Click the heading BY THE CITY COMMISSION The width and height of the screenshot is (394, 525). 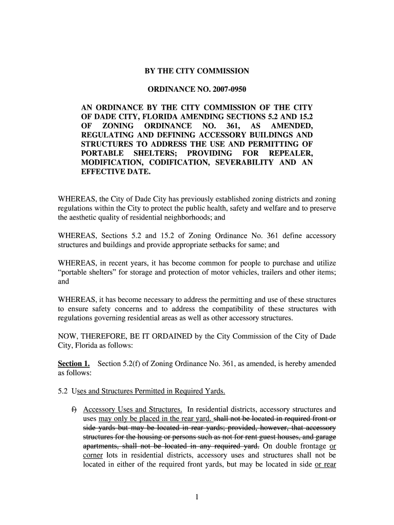[197, 71]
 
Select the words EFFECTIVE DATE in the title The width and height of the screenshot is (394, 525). [116, 172]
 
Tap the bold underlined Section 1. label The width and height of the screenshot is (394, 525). [74, 364]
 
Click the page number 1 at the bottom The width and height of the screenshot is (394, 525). [197, 497]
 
